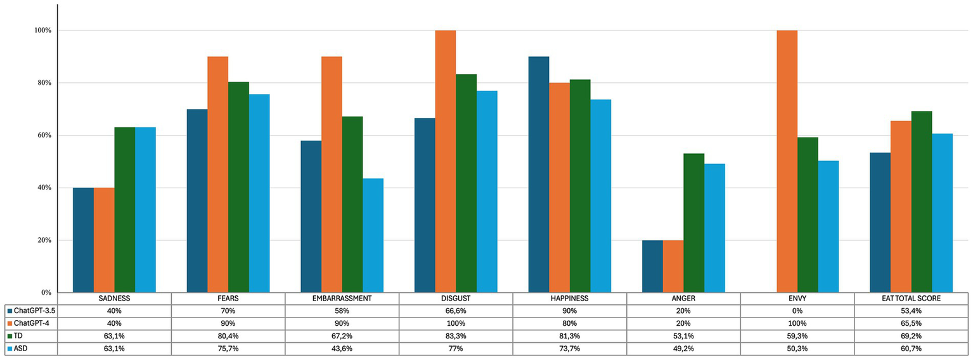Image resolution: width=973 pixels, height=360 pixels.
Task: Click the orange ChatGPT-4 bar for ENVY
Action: [787, 162]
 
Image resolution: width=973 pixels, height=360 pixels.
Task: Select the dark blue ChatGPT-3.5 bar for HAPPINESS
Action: [538, 175]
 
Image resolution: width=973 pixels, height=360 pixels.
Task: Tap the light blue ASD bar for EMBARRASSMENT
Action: [373, 236]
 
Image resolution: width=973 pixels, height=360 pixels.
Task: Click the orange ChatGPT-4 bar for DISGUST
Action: [445, 162]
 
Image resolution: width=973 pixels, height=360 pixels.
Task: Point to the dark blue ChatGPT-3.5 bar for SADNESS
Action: [83, 240]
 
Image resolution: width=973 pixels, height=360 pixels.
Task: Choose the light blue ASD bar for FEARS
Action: [259, 193]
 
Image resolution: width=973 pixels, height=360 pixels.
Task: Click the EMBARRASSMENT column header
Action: [342, 298]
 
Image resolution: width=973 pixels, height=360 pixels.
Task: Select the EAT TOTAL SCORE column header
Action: [911, 298]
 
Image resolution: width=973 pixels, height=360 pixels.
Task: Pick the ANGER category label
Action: [683, 298]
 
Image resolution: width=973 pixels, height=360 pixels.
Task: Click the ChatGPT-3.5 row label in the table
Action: [33, 311]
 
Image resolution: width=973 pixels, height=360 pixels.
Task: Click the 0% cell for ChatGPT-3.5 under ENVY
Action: [797, 311]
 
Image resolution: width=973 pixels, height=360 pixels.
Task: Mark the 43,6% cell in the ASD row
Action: [342, 348]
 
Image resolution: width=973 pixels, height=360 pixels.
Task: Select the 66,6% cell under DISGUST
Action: [455, 311]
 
